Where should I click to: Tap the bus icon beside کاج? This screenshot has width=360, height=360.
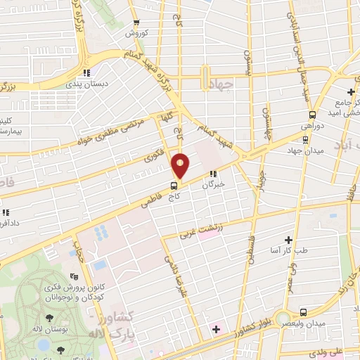tap(174, 186)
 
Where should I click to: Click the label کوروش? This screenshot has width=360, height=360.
tap(134, 33)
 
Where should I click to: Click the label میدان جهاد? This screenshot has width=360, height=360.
tap(304, 150)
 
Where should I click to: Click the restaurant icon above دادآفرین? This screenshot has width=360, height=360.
tap(6, 212)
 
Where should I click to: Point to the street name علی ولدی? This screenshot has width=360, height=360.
tap(342, 347)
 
